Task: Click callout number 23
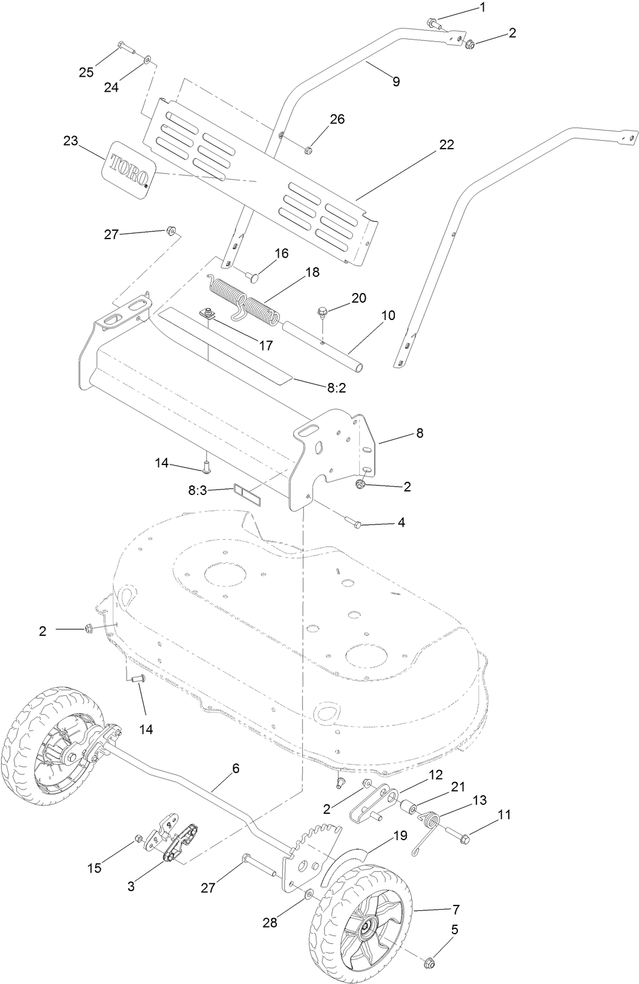pyautogui.click(x=71, y=141)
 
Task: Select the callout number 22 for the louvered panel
pyautogui.click(x=446, y=145)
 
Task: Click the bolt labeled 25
pyautogui.click(x=122, y=45)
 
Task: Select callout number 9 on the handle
pyautogui.click(x=396, y=82)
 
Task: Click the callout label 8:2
pyautogui.click(x=336, y=388)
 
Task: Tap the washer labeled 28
pyautogui.click(x=308, y=895)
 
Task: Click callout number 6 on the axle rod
pyautogui.click(x=236, y=768)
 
